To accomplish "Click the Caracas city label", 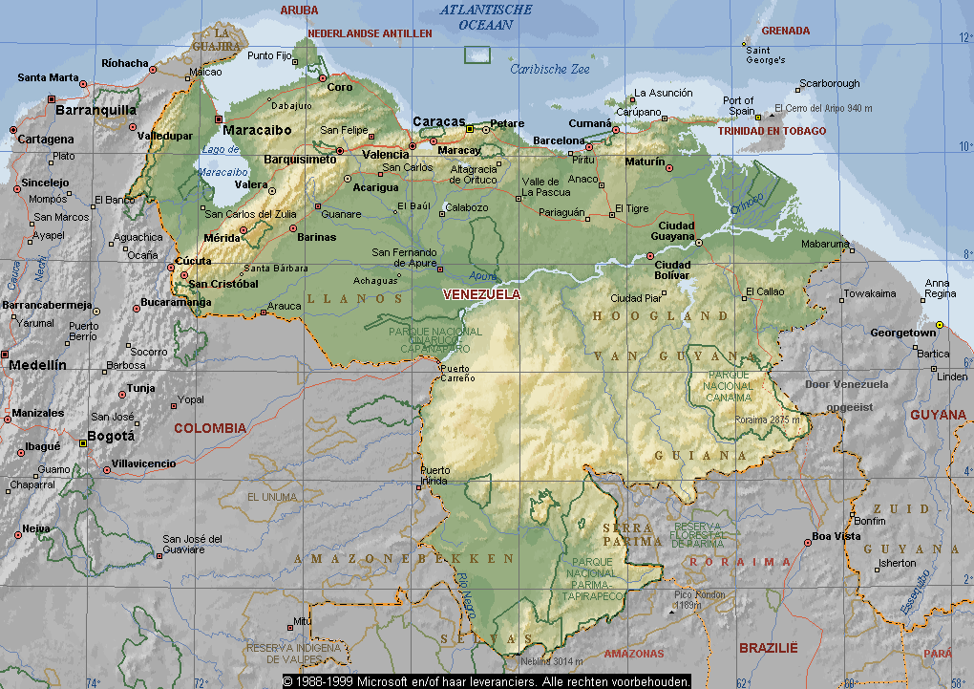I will pyautogui.click(x=438, y=121).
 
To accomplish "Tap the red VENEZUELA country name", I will pyautogui.click(x=482, y=294).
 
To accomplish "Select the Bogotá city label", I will pyautogui.click(x=111, y=436).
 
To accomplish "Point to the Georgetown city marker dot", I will pyautogui.click(x=940, y=325).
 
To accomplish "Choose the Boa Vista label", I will pyautogui.click(x=835, y=536).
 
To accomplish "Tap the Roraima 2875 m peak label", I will pyautogui.click(x=767, y=419).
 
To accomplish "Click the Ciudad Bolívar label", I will pyautogui.click(x=672, y=270).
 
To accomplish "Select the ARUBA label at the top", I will pyautogui.click(x=299, y=10).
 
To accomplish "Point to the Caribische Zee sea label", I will pyautogui.click(x=549, y=69).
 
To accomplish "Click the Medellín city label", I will pyautogui.click(x=37, y=365).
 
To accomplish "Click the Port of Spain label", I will pyautogui.click(x=738, y=106).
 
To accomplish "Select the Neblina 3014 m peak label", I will pyautogui.click(x=551, y=660).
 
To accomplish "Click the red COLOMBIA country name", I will pyautogui.click(x=210, y=428).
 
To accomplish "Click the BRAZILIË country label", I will pyautogui.click(x=768, y=648).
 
